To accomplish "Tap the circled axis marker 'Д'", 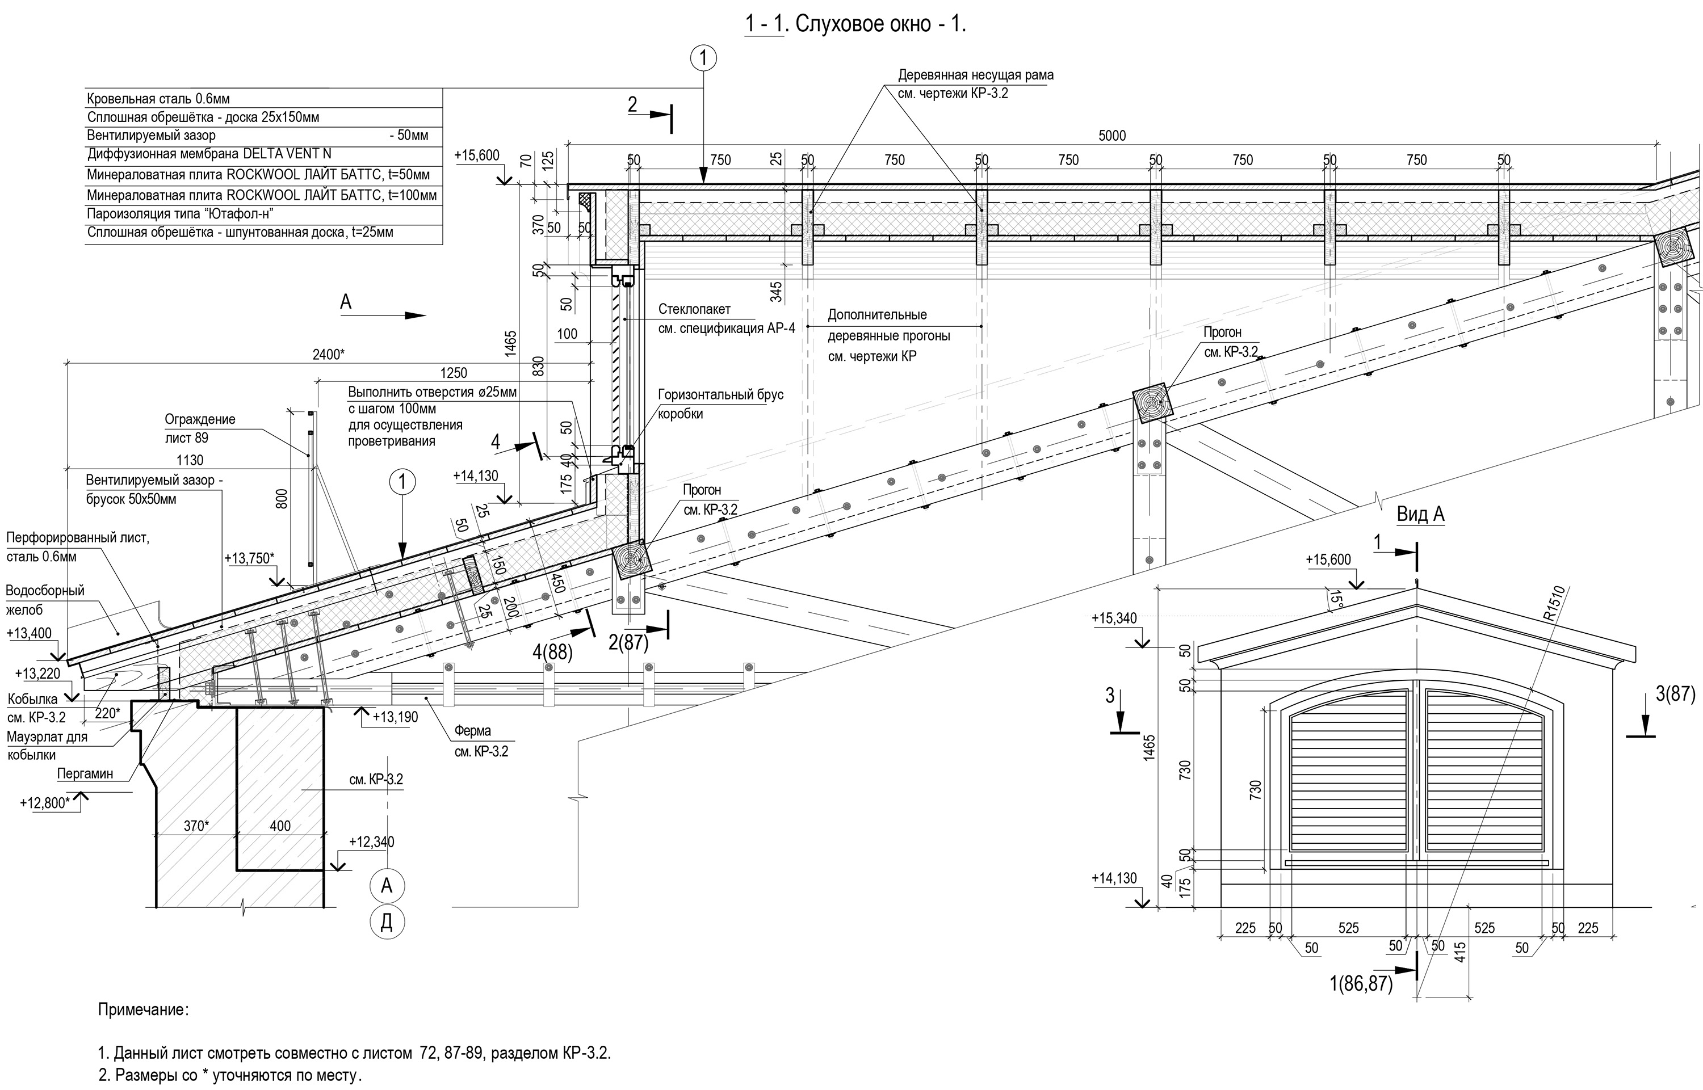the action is (x=387, y=921).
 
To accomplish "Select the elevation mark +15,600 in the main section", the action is (x=477, y=155).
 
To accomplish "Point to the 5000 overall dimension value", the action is (x=1111, y=136).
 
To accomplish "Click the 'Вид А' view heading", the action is (x=1420, y=514).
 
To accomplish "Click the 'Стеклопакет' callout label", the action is (x=694, y=309).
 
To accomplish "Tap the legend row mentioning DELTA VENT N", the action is (x=209, y=154).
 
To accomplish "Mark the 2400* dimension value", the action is (x=329, y=354).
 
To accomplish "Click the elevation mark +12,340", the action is (x=371, y=841).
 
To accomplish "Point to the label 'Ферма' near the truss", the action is (x=472, y=730).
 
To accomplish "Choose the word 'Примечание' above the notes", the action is (x=143, y=1009).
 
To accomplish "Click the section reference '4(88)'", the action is (x=553, y=651).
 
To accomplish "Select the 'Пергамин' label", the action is (x=85, y=773).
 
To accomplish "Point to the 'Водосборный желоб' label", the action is (x=45, y=600).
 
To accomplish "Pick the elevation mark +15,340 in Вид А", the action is (x=1114, y=618).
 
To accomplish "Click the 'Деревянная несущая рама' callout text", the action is (x=975, y=75).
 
